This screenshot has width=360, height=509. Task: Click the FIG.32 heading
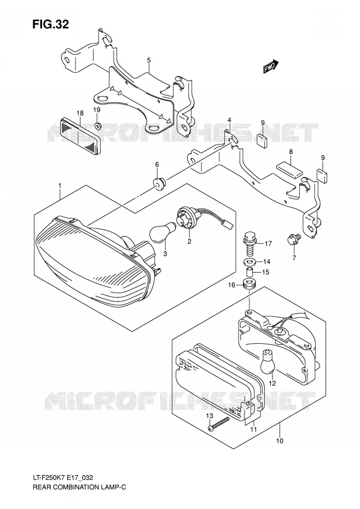[x=50, y=24]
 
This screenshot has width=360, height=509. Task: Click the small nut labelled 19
[x=96, y=126]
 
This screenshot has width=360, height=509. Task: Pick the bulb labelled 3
[x=162, y=231]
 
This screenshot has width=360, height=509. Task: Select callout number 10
[x=280, y=441]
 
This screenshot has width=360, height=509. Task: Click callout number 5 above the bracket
[x=149, y=60]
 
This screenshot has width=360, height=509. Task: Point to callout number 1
[x=60, y=186]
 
